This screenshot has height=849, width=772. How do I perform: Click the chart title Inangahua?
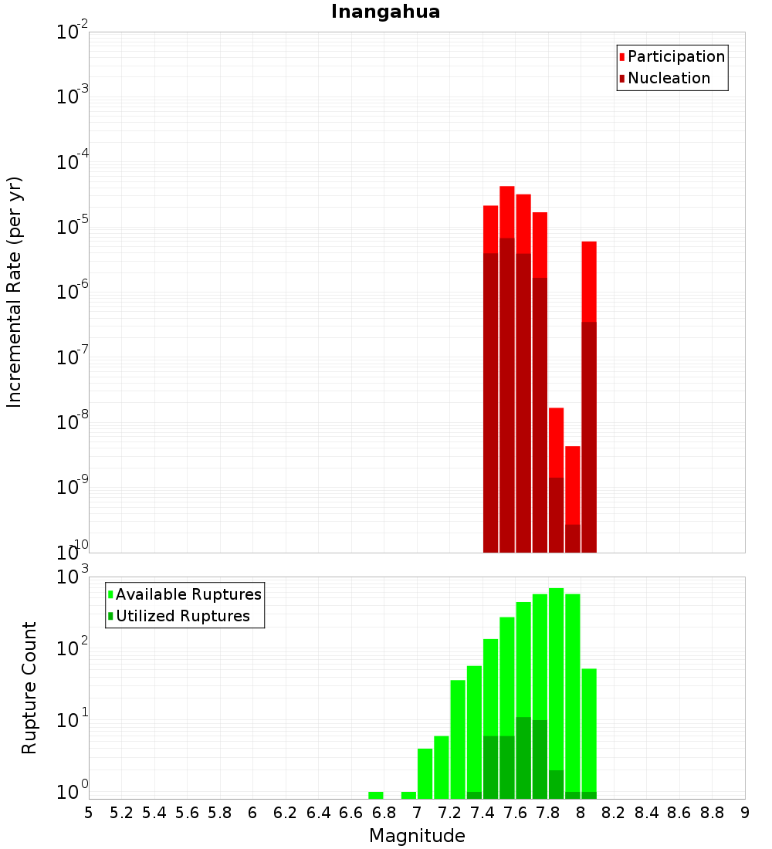pos(385,12)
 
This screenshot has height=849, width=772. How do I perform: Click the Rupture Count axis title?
pos(29,687)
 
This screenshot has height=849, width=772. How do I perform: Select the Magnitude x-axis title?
pos(417,836)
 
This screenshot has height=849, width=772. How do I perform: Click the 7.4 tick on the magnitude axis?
pos(482,813)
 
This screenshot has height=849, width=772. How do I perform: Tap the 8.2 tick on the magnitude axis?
pos(614,813)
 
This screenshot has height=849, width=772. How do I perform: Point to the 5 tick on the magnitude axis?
pos(89,813)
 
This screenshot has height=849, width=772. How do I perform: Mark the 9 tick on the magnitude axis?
pos(745,813)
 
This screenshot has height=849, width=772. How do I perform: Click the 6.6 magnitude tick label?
pos(351,813)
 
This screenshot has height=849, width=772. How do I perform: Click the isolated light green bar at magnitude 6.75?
pos(376,795)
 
